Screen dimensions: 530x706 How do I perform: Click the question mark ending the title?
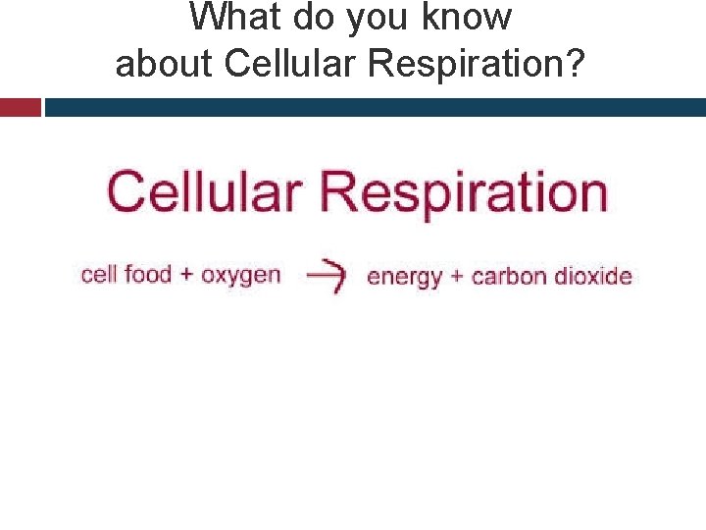click(x=577, y=64)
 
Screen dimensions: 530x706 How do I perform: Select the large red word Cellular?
click(x=208, y=191)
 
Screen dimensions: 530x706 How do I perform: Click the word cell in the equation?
click(x=99, y=274)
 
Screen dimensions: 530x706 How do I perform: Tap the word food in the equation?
click(x=148, y=274)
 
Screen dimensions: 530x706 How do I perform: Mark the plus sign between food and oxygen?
click(x=187, y=275)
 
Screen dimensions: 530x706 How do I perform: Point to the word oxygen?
click(x=240, y=276)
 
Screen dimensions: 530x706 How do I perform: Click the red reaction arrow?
click(x=326, y=277)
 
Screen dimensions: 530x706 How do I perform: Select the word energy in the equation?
click(x=405, y=278)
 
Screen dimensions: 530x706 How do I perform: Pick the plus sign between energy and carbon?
click(x=456, y=277)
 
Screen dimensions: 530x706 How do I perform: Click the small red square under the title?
click(x=21, y=107)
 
